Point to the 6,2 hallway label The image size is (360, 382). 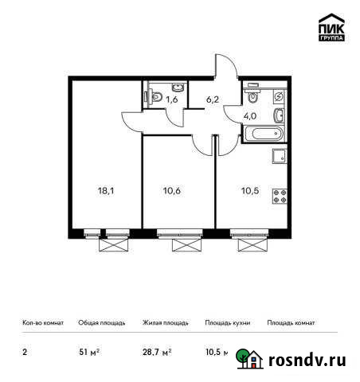tap(212, 99)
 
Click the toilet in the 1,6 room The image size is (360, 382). tap(156, 95)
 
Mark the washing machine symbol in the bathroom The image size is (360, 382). tap(280, 95)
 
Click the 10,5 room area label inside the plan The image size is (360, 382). tap(249, 190)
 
